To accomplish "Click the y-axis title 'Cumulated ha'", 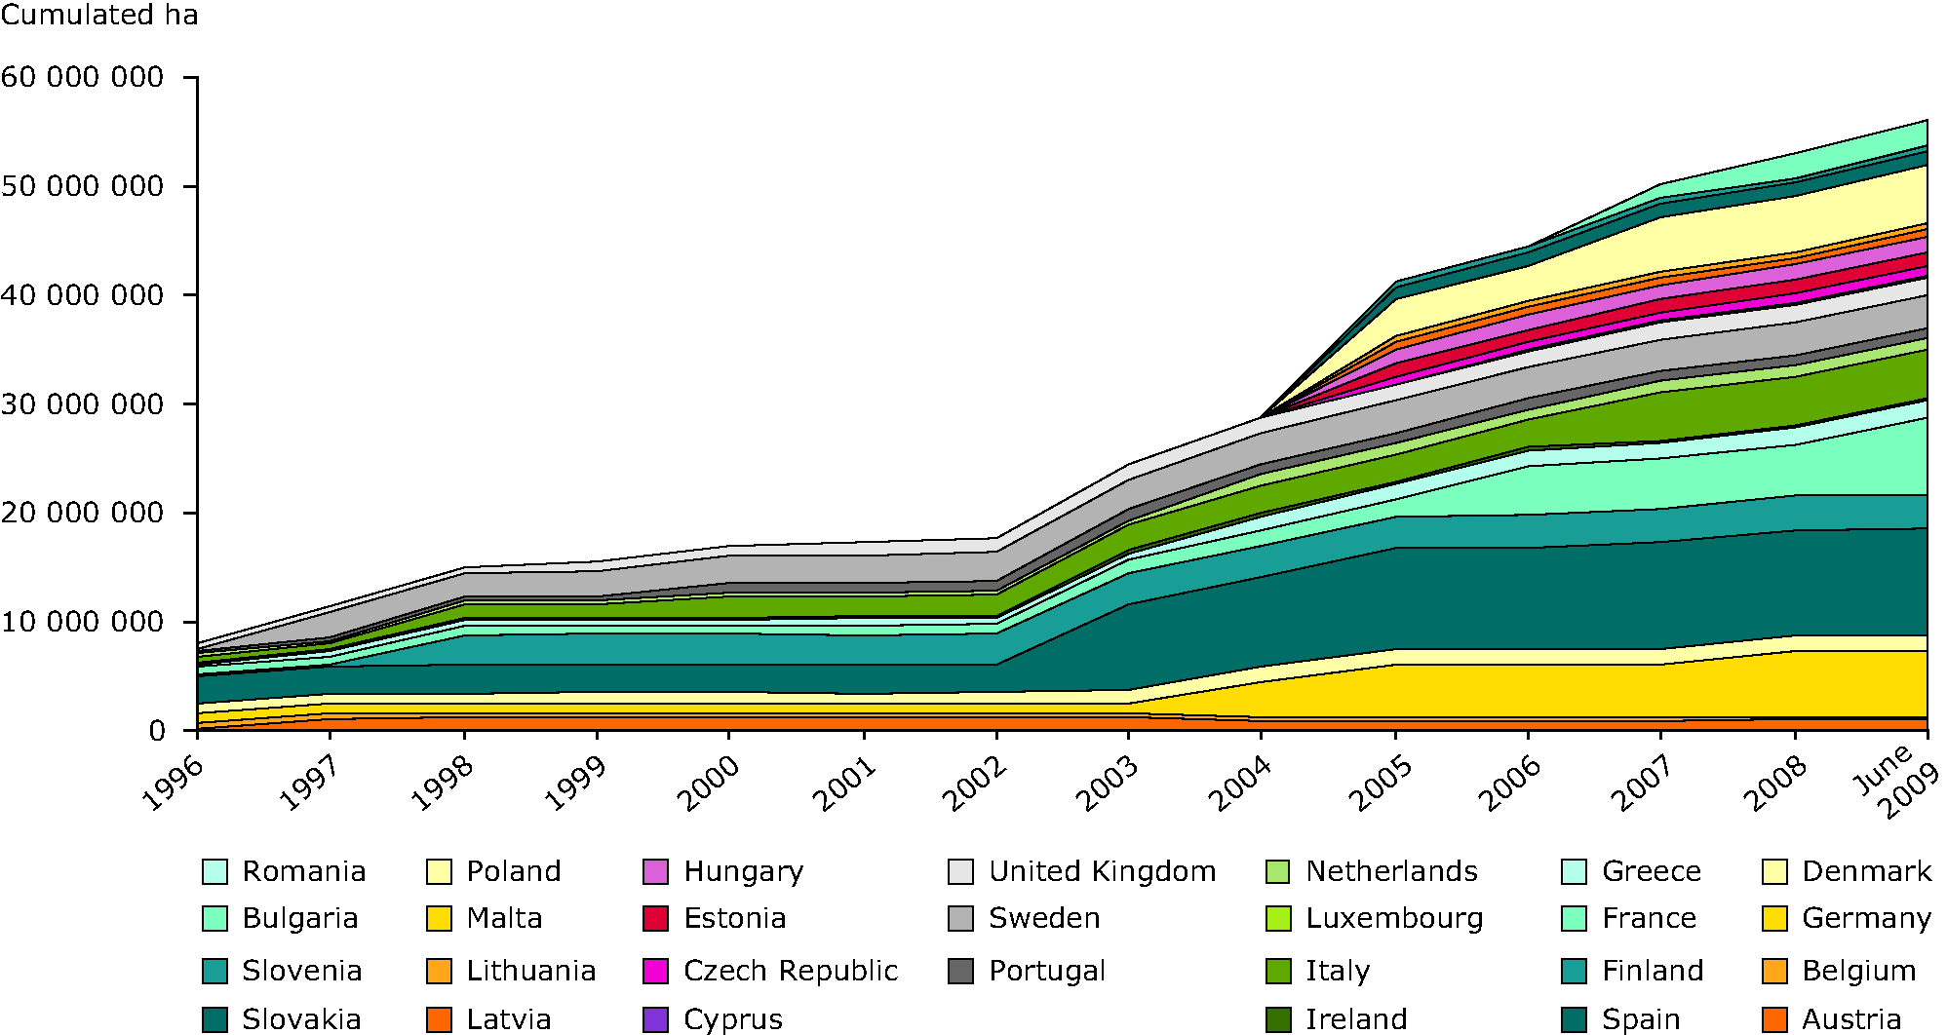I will (x=99, y=16).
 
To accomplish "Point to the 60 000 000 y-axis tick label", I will (x=82, y=77).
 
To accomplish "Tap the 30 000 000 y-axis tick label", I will (x=82, y=403).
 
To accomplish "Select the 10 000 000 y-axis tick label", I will (x=82, y=622).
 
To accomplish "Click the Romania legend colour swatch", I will (x=215, y=871).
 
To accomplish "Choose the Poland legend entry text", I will (x=514, y=871).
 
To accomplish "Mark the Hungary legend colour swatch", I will (x=656, y=871).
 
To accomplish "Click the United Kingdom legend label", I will (x=1102, y=871).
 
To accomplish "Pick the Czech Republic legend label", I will (x=791, y=971).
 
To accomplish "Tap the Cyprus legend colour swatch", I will (x=656, y=1019).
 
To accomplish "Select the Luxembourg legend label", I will (x=1394, y=918).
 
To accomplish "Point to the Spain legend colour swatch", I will (x=1575, y=1019).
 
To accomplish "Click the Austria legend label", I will (x=1851, y=1019).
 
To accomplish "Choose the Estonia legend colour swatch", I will (x=656, y=918).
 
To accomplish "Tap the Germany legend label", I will (x=1866, y=918).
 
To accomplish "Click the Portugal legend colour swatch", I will (x=961, y=971).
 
